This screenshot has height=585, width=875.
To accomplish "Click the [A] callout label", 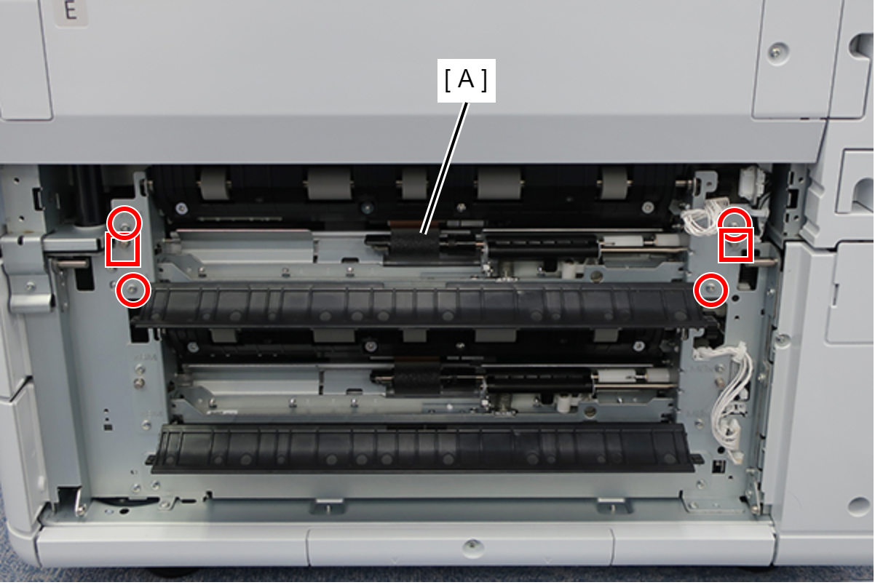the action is pyautogui.click(x=467, y=81).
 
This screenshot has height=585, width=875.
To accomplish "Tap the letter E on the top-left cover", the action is pyautogui.click(x=71, y=10).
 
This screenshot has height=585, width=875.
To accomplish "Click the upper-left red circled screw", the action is pyautogui.click(x=124, y=223).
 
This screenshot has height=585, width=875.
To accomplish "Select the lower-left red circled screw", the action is pyautogui.click(x=132, y=290).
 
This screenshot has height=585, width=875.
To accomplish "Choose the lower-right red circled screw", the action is pyautogui.click(x=711, y=290).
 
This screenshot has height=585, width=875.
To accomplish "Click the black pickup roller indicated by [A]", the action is pyautogui.click(x=414, y=245).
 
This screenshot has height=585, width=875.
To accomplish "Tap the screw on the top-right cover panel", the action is pyautogui.click(x=777, y=51).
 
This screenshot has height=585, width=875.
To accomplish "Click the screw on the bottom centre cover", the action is pyautogui.click(x=472, y=545).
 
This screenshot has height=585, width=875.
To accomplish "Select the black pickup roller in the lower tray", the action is pyautogui.click(x=417, y=380).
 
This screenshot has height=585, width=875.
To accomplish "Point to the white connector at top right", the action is pyautogui.click(x=749, y=180).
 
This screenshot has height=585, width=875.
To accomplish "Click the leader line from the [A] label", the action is pyautogui.click(x=445, y=168).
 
